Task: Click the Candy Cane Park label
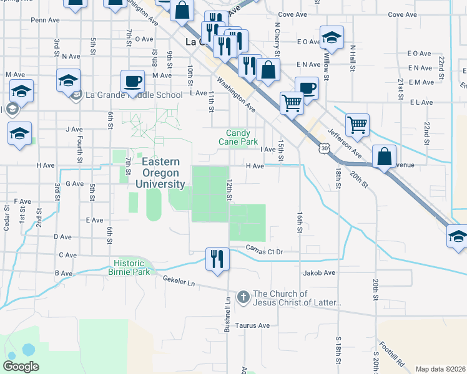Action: coord(237,137)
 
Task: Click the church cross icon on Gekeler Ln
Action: coord(243,297)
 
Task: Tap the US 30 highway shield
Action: coord(323,148)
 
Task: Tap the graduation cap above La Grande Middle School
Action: coord(68,80)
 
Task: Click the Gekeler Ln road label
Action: coord(179,282)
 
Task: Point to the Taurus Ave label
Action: coord(252,325)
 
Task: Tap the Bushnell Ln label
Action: coord(227,314)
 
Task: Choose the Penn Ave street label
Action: coord(44,20)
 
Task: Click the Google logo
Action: coord(21,367)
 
